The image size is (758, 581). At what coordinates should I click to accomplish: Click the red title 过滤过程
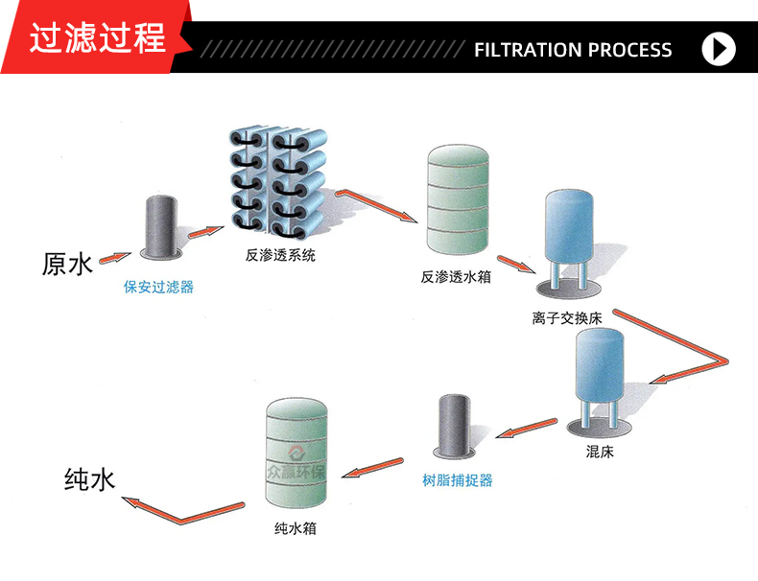(97, 38)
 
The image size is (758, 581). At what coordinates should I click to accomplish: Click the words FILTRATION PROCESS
(573, 50)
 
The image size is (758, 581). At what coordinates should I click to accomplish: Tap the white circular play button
(719, 49)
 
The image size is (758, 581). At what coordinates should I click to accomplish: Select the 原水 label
(67, 264)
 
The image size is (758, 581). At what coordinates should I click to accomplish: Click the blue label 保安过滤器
(159, 286)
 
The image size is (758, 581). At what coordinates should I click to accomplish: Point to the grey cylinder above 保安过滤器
(160, 226)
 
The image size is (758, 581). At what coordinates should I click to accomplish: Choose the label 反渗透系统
(280, 255)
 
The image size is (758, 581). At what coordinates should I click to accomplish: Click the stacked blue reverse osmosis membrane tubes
(278, 183)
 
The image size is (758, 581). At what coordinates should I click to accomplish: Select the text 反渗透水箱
(456, 276)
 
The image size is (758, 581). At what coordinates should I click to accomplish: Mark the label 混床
(600, 452)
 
